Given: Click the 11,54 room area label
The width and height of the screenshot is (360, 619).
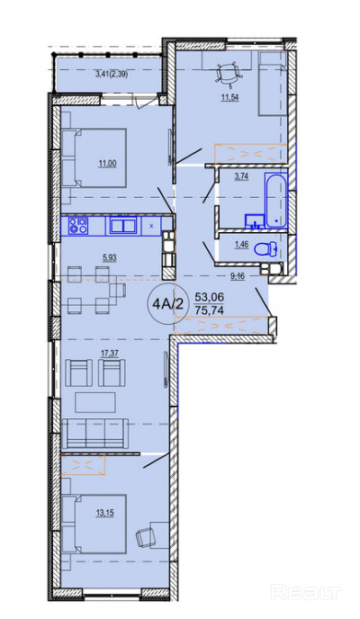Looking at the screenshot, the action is click(229, 98).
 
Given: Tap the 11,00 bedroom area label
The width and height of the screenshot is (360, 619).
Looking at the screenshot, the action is click(107, 163).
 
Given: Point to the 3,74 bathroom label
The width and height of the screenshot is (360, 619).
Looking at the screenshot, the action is click(241, 177).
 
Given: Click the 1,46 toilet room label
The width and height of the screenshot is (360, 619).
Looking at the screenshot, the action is click(241, 245).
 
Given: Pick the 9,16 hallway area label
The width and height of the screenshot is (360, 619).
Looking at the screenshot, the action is click(238, 276).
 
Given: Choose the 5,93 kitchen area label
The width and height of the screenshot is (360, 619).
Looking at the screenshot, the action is click(109, 258).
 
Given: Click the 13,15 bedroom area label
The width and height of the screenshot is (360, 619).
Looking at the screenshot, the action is click(105, 513).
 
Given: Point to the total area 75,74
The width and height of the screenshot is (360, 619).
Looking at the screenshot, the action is click(209, 310).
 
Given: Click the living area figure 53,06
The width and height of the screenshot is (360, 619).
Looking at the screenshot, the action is click(209, 297).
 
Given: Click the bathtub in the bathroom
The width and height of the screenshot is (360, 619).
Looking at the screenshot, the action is click(275, 200).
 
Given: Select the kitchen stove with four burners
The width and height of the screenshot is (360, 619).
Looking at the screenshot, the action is click(77, 226).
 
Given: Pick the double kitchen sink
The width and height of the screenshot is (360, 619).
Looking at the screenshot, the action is click(123, 226).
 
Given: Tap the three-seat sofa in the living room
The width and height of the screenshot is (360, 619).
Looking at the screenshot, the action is click(94, 433).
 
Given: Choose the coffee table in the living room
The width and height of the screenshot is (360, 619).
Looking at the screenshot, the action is click(95, 402).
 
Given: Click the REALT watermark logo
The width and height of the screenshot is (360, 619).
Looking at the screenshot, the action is click(306, 592).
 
